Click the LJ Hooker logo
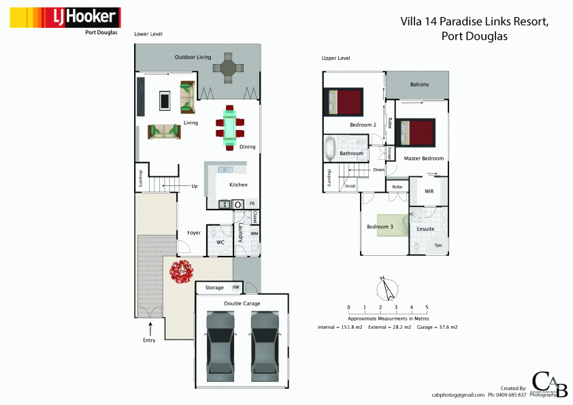(x=65, y=17)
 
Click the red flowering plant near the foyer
(x=183, y=272)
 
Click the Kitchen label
(x=238, y=185)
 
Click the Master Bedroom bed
(x=414, y=131)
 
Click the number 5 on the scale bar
(x=427, y=308)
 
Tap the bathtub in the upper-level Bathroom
(x=331, y=148)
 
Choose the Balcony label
(x=419, y=84)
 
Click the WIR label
(x=429, y=191)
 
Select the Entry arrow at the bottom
(x=149, y=329)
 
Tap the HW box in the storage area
(x=236, y=287)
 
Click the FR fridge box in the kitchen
(x=252, y=204)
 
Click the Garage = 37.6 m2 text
(x=437, y=327)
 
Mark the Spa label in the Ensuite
(x=438, y=244)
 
